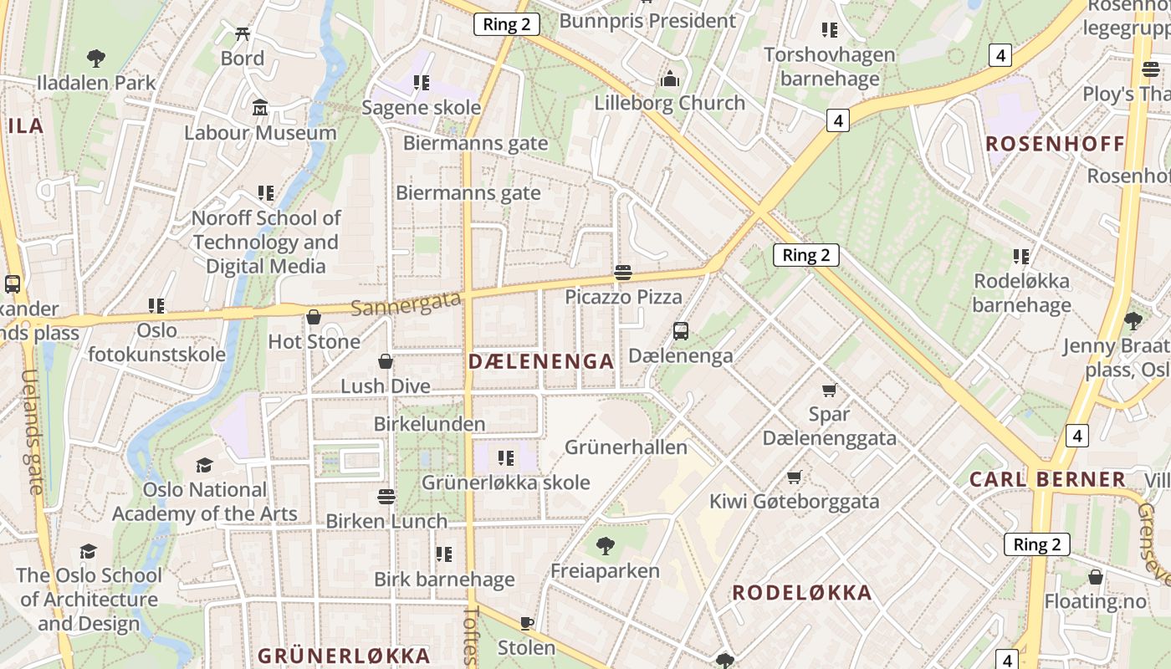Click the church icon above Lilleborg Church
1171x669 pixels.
(669, 79)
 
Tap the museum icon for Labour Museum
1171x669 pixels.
(260, 109)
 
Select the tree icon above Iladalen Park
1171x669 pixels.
(96, 59)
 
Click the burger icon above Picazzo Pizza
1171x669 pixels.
(622, 272)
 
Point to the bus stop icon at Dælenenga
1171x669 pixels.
(681, 331)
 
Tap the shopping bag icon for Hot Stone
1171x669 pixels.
(314, 317)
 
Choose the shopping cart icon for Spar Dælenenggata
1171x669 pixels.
(829, 390)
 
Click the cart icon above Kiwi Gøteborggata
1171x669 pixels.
(794, 477)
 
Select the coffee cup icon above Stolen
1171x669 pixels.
(526, 623)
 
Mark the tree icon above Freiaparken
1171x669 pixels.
(605, 547)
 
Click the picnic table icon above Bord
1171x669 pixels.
(243, 34)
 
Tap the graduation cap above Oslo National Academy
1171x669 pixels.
(204, 465)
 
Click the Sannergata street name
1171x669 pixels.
(406, 303)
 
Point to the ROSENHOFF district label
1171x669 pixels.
(1055, 144)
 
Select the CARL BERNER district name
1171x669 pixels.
(1047, 480)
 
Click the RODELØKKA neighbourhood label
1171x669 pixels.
(802, 593)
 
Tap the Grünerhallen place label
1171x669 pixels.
(626, 447)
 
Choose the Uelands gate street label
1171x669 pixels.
(31, 431)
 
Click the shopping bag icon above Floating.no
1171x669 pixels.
(1095, 577)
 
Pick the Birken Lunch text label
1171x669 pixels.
(386, 521)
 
